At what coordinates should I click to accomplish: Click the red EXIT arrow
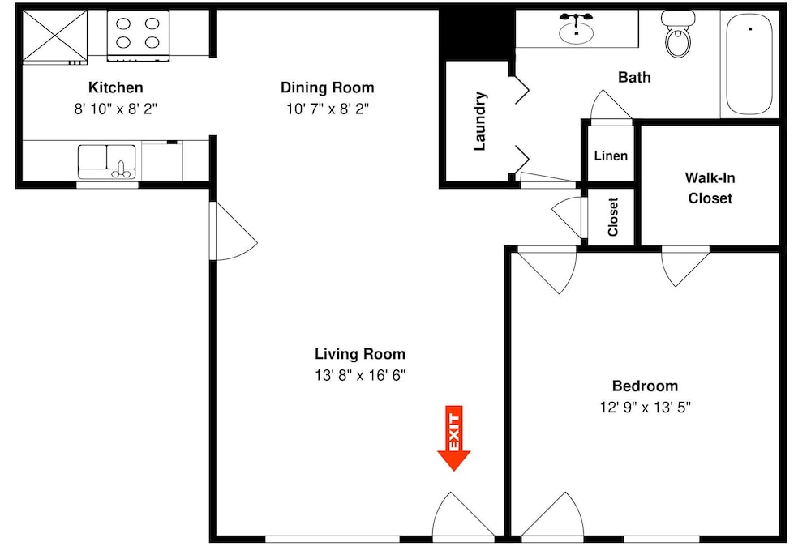(453, 437)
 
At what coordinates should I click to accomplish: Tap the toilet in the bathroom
(677, 33)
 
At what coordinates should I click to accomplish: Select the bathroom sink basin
(576, 32)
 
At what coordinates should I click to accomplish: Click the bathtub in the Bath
(749, 63)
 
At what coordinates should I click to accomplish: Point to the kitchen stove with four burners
(138, 35)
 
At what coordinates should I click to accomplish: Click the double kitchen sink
(107, 162)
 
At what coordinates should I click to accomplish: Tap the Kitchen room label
(116, 87)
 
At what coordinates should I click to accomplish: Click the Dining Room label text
(328, 87)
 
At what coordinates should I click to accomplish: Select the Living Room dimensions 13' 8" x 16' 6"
(360, 375)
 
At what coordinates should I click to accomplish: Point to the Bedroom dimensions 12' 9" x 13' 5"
(645, 408)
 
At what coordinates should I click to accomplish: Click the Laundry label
(480, 122)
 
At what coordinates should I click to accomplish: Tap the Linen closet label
(611, 156)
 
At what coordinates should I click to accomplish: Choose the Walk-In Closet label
(710, 188)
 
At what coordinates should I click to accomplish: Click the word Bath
(634, 78)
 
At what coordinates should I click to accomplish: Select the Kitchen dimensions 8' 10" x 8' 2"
(115, 109)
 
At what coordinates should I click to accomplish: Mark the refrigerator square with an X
(55, 35)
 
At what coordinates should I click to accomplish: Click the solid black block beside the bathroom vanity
(477, 33)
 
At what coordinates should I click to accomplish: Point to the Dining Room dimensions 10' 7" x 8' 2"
(328, 109)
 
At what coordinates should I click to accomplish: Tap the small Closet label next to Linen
(613, 217)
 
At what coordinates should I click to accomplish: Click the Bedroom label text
(645, 386)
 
